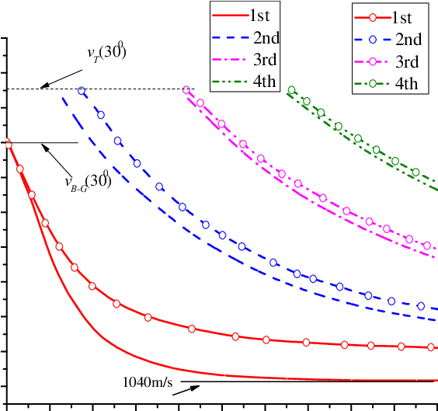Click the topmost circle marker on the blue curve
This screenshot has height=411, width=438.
(82, 91)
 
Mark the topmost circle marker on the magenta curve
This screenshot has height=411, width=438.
(186, 90)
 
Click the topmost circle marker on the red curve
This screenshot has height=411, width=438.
(8, 142)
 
